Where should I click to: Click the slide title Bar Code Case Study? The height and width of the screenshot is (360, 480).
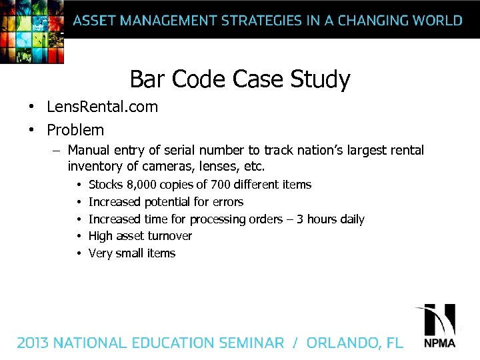239,79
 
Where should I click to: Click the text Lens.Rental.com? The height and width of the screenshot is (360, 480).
102,107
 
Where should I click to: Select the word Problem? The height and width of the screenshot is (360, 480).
75,129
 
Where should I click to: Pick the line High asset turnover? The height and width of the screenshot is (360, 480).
140,236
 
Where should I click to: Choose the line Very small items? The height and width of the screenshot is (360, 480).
132,253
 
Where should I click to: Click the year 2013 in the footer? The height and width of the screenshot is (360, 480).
33,343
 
